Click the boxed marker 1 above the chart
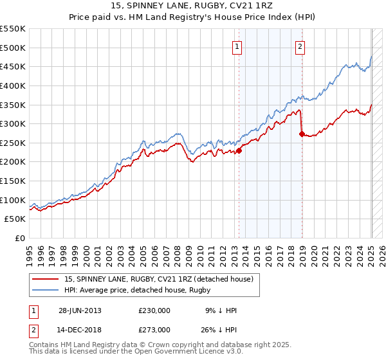[x=237, y=46]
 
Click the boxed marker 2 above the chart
[x=300, y=46]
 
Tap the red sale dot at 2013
[x=239, y=150]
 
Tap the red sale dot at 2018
[x=302, y=134]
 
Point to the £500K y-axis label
[x=13, y=48]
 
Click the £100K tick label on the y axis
[x=13, y=200]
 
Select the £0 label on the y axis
[x=21, y=238]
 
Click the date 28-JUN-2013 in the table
[x=80, y=310]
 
